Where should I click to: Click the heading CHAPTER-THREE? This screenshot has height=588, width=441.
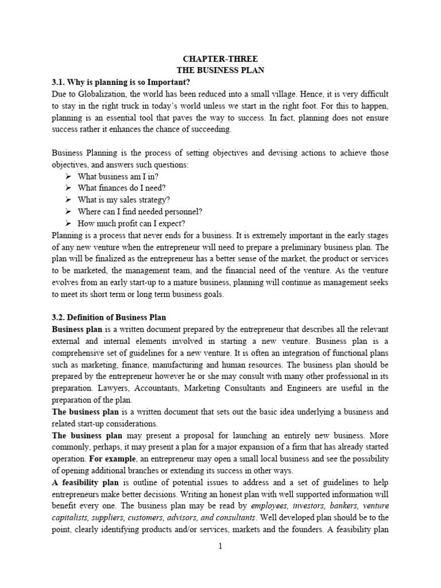220,58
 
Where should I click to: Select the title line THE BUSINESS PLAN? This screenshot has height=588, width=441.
220,69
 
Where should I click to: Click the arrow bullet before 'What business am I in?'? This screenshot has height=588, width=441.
68,176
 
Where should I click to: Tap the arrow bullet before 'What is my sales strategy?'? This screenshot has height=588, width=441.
68,199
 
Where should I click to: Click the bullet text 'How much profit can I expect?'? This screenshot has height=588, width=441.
131,223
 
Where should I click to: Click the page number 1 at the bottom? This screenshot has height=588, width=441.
220,547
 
